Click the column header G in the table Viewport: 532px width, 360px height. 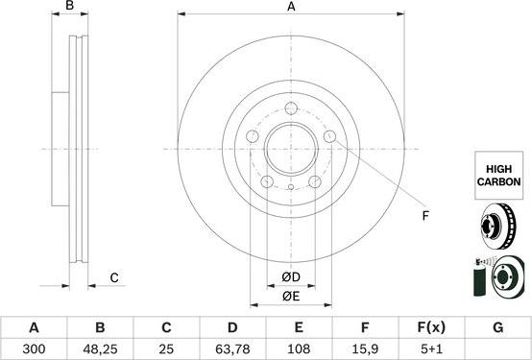click(x=497, y=327)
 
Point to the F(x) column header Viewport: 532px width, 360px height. click(x=431, y=327)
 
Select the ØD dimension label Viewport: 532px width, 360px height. click(x=291, y=278)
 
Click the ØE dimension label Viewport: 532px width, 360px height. click(x=291, y=297)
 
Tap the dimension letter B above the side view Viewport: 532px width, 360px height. click(x=69, y=8)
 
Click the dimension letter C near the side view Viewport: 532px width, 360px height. click(x=113, y=278)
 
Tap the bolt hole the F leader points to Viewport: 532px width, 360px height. click(x=330, y=137)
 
